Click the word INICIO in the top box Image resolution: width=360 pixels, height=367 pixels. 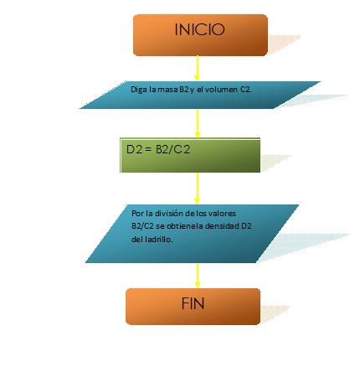point(199,29)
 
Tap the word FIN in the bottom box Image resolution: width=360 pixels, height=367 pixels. point(193,303)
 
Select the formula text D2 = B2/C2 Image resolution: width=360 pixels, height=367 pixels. point(158,149)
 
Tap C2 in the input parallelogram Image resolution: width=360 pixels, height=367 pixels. point(245,90)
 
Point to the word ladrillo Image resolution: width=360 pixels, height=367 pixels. point(159,240)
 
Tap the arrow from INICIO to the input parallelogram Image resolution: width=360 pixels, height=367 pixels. point(197,69)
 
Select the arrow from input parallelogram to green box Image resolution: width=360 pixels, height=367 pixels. point(198,123)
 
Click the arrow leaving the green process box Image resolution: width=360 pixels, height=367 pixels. point(197,189)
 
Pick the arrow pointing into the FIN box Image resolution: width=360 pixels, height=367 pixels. point(198,276)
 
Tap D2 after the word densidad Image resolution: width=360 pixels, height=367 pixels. point(246,226)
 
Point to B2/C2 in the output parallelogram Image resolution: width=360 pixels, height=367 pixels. point(142,226)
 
